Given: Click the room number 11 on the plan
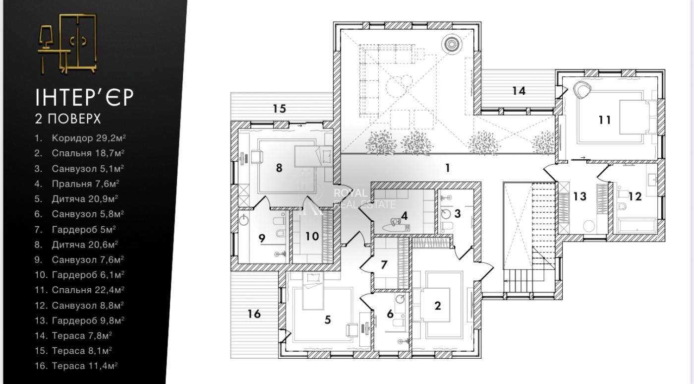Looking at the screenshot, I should pyautogui.click(x=604, y=120).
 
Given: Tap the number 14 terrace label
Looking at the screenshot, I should pyautogui.click(x=519, y=91).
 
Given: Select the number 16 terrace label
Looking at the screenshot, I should pyautogui.click(x=254, y=314).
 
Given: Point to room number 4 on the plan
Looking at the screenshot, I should pyautogui.click(x=405, y=216).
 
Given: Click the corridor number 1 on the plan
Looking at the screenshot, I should pyautogui.click(x=447, y=168).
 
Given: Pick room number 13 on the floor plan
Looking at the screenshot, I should pyautogui.click(x=579, y=196).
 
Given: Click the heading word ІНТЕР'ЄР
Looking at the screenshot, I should pyautogui.click(x=84, y=97).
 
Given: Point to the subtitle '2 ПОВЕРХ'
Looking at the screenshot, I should pyautogui.click(x=67, y=119).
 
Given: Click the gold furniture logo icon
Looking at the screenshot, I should pyautogui.click(x=67, y=44).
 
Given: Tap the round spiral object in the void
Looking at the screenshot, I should pyautogui.click(x=452, y=44).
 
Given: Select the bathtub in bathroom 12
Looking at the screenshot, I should pyautogui.click(x=636, y=228).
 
